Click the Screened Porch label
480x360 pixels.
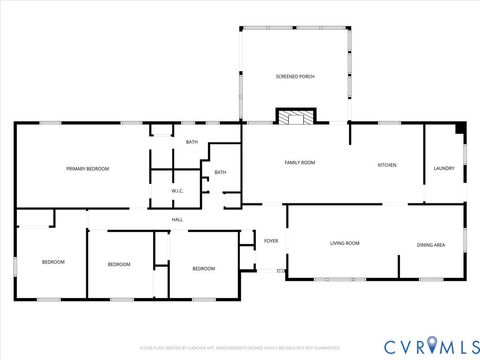[295, 76]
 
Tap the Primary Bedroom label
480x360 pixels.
[87, 169]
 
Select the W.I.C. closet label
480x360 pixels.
[177, 191]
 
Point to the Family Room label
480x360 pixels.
[300, 162]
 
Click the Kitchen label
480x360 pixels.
[387, 165]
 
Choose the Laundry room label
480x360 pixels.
[444, 168]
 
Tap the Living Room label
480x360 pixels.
[345, 243]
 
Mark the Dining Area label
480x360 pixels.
[431, 244]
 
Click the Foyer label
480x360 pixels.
[271, 242]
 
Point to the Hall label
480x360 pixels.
[177, 220]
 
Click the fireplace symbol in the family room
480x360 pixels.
[293, 118]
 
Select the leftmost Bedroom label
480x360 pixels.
[53, 262]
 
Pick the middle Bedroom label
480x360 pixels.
[119, 264]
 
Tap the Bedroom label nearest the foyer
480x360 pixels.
[203, 268]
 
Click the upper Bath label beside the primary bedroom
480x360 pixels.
[191, 142]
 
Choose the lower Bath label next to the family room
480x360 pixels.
[220, 172]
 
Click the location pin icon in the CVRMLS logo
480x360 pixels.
[431, 345]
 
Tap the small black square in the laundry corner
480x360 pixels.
[459, 127]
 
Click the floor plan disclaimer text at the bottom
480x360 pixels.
[240, 347]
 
